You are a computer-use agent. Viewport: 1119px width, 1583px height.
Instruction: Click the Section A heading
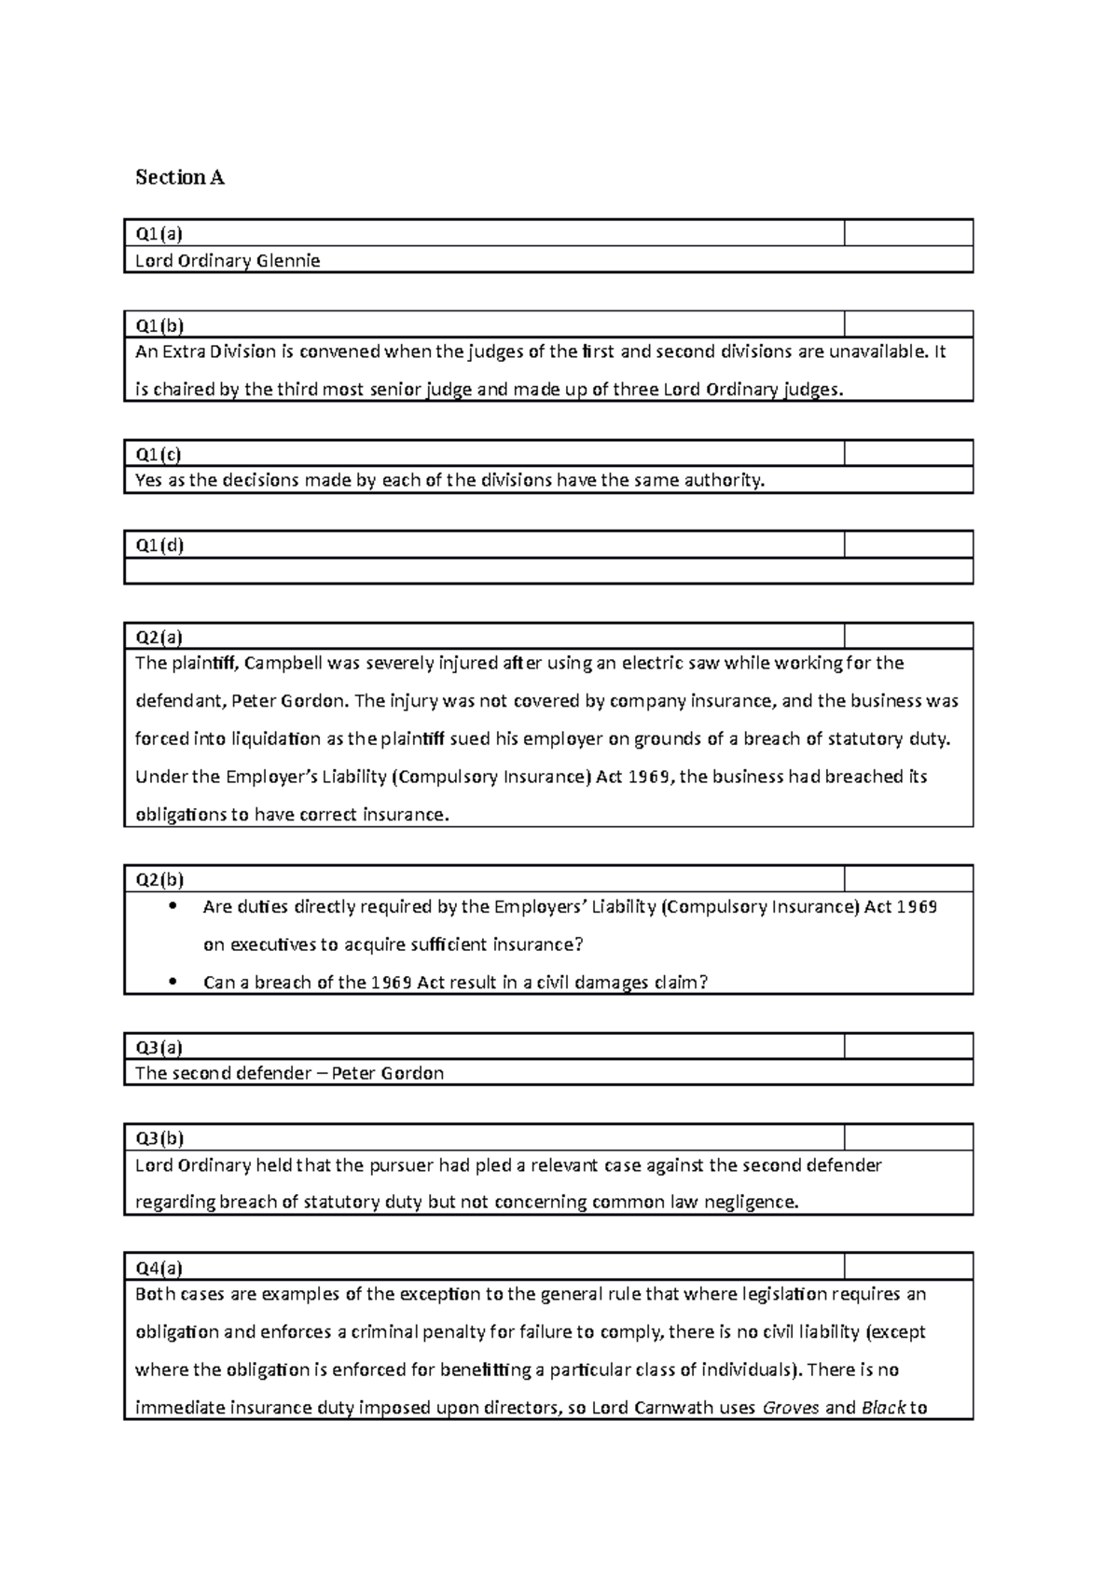point(180,177)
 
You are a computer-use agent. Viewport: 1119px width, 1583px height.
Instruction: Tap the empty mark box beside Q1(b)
point(908,324)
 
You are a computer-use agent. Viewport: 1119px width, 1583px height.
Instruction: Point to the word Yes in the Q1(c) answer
point(148,480)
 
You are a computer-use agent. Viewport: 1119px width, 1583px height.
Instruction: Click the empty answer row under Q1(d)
point(548,571)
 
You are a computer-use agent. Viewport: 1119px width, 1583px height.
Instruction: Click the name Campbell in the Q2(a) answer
point(283,663)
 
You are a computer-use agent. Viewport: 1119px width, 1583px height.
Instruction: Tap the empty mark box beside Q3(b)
point(908,1137)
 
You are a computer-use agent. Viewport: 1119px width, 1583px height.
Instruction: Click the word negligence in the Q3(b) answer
point(752,1202)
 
